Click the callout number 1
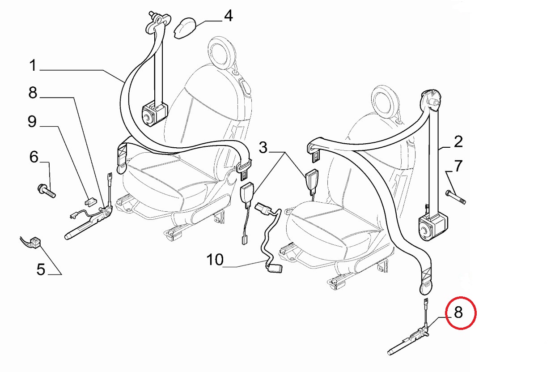pyautogui.click(x=33, y=65)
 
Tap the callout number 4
pyautogui.click(x=228, y=16)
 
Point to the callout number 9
pyautogui.click(x=32, y=122)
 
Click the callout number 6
pyautogui.click(x=34, y=157)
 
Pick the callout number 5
pyautogui.click(x=41, y=269)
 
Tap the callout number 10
pyautogui.click(x=215, y=260)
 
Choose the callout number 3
pyautogui.click(x=263, y=148)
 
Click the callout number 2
pyautogui.click(x=458, y=141)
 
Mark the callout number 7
pyautogui.click(x=458, y=166)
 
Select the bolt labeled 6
pyautogui.click(x=47, y=192)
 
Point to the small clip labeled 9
pyautogui.click(x=90, y=201)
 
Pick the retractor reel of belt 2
pyautogui.click(x=432, y=227)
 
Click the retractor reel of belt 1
pyautogui.click(x=154, y=115)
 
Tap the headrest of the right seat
pyautogui.click(x=386, y=101)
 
